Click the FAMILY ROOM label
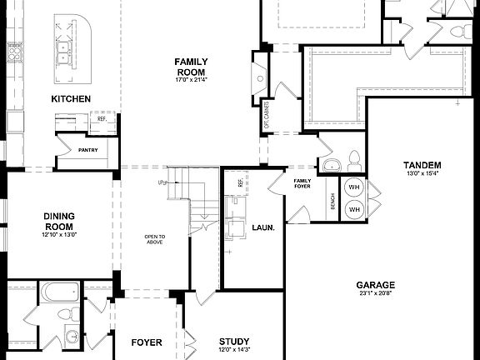(191, 67)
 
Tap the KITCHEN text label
(71, 99)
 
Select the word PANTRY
(88, 151)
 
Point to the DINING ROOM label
(59, 221)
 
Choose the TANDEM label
(422, 165)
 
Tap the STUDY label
(234, 342)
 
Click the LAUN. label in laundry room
(263, 227)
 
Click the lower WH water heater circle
(353, 208)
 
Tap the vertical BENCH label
(332, 201)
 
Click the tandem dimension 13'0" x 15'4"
(422, 173)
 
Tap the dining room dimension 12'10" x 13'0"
(59, 235)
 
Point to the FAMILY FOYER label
(302, 183)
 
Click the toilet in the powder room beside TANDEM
(353, 159)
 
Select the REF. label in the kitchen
(102, 119)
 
